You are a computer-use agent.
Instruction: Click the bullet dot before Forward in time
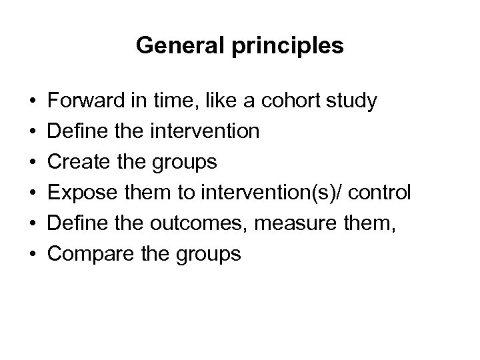(x=33, y=102)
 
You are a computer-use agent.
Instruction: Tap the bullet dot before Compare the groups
(x=33, y=255)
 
